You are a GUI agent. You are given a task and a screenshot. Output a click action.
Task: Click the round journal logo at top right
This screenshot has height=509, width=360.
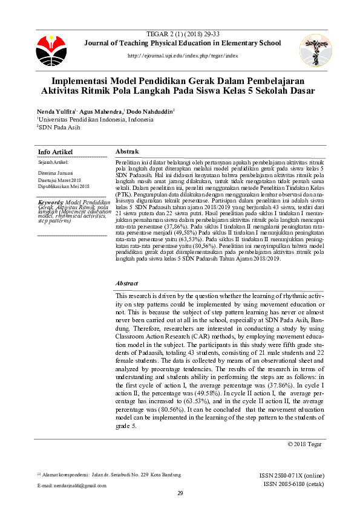pyautogui.click(x=316, y=50)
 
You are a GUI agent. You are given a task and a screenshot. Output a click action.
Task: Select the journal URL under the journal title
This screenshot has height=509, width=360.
pyautogui.click(x=183, y=56)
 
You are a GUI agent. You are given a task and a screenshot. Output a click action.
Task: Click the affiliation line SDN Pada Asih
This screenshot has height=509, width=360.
pyautogui.click(x=59, y=128)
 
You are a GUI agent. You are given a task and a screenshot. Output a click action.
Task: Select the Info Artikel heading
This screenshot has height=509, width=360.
pyautogui.click(x=55, y=151)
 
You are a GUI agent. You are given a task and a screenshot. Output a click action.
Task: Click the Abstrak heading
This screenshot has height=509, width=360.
pyautogui.click(x=127, y=151)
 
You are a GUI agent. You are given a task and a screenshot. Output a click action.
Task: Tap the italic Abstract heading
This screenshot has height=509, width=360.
pyautogui.click(x=126, y=283)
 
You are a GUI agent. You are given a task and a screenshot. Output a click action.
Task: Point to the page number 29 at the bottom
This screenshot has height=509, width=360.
pyautogui.click(x=180, y=494)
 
